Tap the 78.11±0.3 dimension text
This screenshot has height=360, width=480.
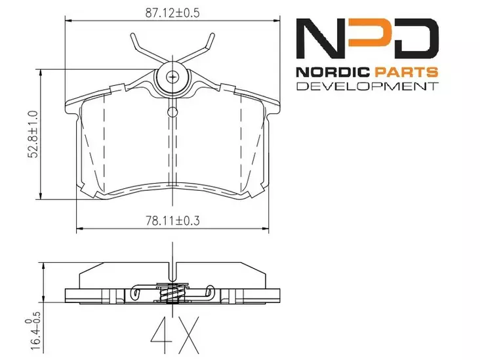coord(172,222)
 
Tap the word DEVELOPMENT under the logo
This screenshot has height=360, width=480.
coord(367,87)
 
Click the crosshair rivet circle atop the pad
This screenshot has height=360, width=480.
coord(172,77)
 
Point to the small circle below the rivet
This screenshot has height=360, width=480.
coord(172,110)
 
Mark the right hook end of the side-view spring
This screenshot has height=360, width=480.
coord(209,293)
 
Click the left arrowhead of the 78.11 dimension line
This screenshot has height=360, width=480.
coord(79,230)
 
